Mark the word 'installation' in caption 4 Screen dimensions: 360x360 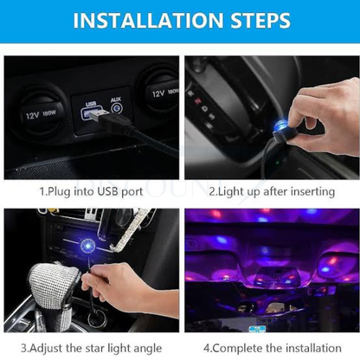[320, 347]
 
